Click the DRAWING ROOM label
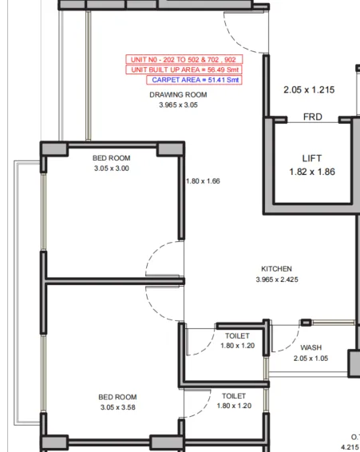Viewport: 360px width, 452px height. (178, 95)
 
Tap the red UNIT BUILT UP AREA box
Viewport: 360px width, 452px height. (184, 70)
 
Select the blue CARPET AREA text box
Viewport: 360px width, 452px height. (194, 80)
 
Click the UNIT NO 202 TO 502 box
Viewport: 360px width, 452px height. (184, 60)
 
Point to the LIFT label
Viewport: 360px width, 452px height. (311, 159)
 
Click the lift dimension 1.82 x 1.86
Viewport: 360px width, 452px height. (311, 172)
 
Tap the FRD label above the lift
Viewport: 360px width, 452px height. (313, 117)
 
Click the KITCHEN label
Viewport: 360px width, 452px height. (277, 269)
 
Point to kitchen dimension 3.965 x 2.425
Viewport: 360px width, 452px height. (277, 280)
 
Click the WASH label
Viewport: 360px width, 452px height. (311, 348)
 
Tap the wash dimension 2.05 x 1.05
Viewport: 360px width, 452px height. (311, 359)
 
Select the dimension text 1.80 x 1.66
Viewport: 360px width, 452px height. (203, 181)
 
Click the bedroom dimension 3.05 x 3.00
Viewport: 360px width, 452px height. (111, 169)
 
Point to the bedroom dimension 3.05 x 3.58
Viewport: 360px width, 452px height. (117, 407)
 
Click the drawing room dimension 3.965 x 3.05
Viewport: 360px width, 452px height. (178, 105)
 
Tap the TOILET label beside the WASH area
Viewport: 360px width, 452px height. (237, 336)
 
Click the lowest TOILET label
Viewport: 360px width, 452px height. (234, 396)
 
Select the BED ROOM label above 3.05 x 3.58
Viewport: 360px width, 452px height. (117, 397)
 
